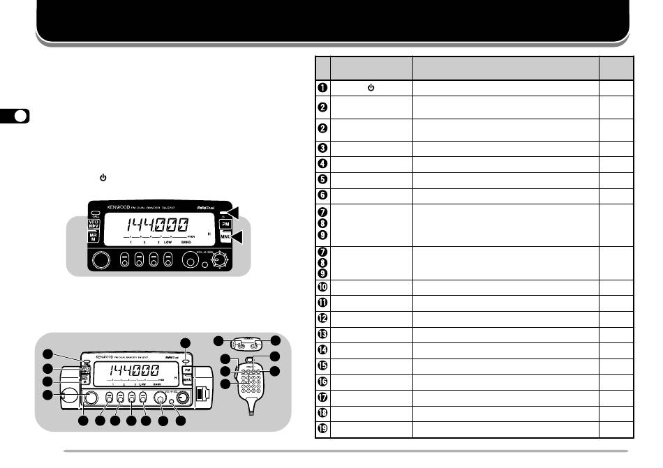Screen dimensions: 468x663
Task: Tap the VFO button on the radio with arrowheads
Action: coord(94,226)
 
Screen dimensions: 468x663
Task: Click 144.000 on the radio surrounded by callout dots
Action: coord(126,372)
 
